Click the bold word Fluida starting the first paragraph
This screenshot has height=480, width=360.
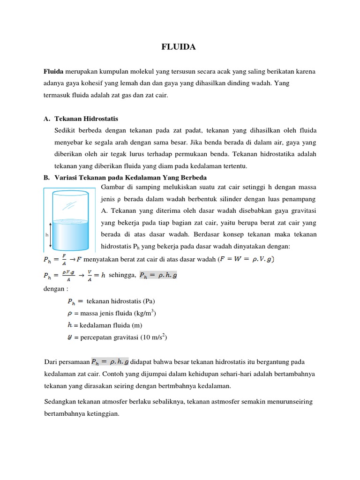point(53,72)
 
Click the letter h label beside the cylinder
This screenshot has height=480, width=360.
point(47,234)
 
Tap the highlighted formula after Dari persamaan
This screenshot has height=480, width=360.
point(110,361)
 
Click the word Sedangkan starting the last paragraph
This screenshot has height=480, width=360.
point(60,402)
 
